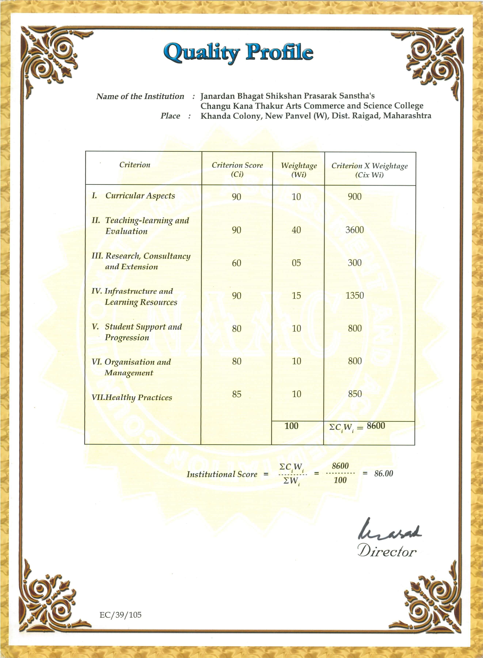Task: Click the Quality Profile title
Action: [238, 52]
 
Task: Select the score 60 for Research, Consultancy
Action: [237, 263]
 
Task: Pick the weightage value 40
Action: [296, 230]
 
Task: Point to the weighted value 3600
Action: [354, 230]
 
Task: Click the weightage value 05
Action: [296, 263]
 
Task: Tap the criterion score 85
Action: [237, 394]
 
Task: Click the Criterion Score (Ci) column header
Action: [237, 169]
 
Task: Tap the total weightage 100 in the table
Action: [292, 426]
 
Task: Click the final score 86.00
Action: [384, 473]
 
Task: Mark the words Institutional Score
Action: [222, 474]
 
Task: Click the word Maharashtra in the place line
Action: [407, 116]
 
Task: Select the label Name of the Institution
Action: [140, 96]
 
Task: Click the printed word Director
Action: [387, 552]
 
